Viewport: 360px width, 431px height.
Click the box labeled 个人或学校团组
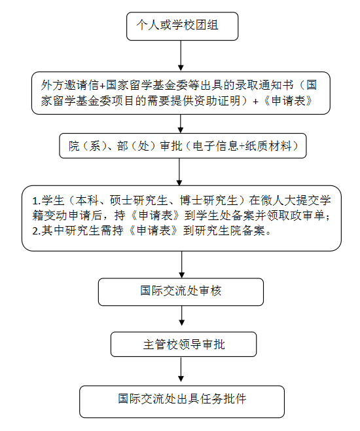[182, 26]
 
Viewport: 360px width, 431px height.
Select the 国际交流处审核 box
[181, 291]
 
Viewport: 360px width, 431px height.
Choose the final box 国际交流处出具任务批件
[182, 398]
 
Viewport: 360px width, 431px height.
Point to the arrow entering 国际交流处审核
[181, 265]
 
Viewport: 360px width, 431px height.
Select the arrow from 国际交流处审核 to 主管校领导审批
[181, 319]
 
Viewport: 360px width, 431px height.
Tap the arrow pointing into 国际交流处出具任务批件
[181, 371]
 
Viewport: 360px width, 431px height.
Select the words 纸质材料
[266, 145]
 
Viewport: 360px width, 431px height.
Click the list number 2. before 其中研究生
[36, 231]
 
